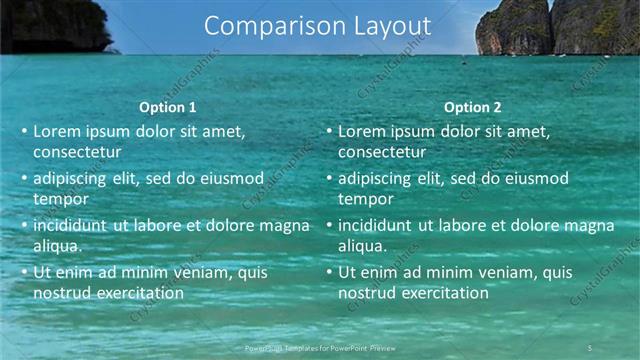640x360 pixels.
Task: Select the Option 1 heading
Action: coord(168,107)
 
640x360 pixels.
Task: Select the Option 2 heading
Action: coord(472,107)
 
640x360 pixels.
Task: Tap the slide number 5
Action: coord(590,347)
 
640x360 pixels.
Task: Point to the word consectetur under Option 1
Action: coord(77,152)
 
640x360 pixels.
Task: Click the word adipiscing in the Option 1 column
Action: coord(73,178)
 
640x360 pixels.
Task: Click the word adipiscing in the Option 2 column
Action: coord(377,178)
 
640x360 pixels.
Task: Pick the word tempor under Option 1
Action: coord(60,199)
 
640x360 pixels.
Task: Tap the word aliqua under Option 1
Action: coord(57,246)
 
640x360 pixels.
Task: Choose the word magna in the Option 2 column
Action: coord(591,225)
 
